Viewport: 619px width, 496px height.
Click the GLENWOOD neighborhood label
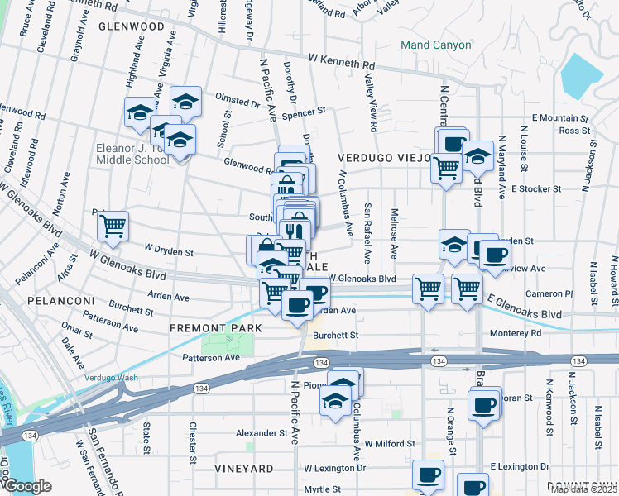[132, 26]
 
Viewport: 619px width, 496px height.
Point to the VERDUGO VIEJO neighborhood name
[384, 157]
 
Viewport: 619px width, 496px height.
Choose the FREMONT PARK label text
[215, 328]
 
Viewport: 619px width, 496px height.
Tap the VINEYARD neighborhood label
[243, 469]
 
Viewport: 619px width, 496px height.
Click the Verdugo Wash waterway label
[112, 378]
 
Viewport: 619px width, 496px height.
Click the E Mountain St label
[560, 118]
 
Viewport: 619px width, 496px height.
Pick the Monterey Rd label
[514, 332]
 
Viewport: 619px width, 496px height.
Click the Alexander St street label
[261, 433]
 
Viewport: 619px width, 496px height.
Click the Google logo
[28, 486]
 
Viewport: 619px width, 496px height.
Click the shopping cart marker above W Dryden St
[113, 225]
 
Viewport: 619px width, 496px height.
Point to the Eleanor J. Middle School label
[132, 154]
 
